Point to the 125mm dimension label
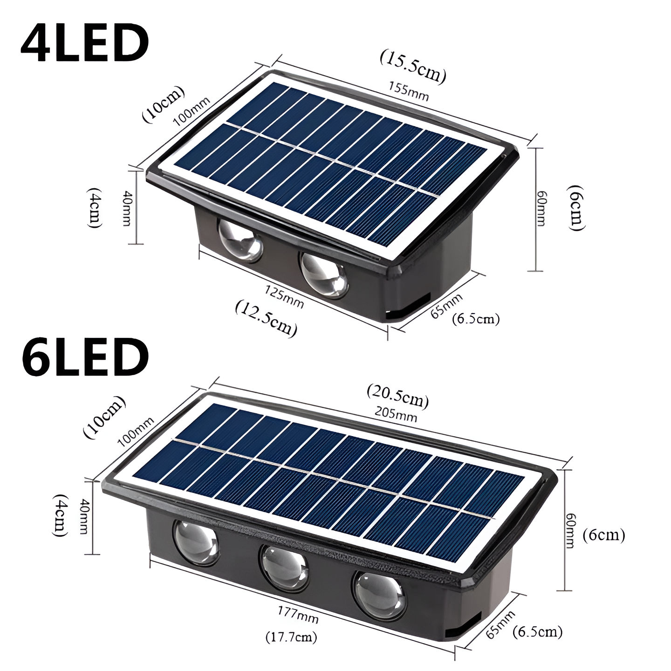pos(284,297)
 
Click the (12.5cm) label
pos(266,318)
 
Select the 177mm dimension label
pos(298,614)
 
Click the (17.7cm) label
pos(291,637)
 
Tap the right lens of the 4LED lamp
pos(324,275)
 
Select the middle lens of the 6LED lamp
pos(285,566)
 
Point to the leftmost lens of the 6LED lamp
pos(196,542)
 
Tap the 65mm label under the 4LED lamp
pos(446,306)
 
